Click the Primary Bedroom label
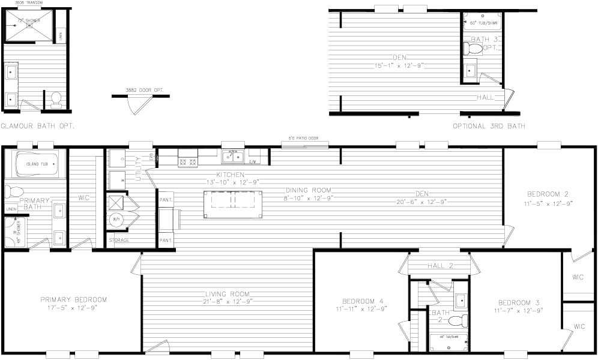click(73, 299)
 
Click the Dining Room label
click(308, 190)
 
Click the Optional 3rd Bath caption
click(489, 126)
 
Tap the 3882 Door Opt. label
click(139, 90)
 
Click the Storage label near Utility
click(119, 241)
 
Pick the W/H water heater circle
click(115, 219)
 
